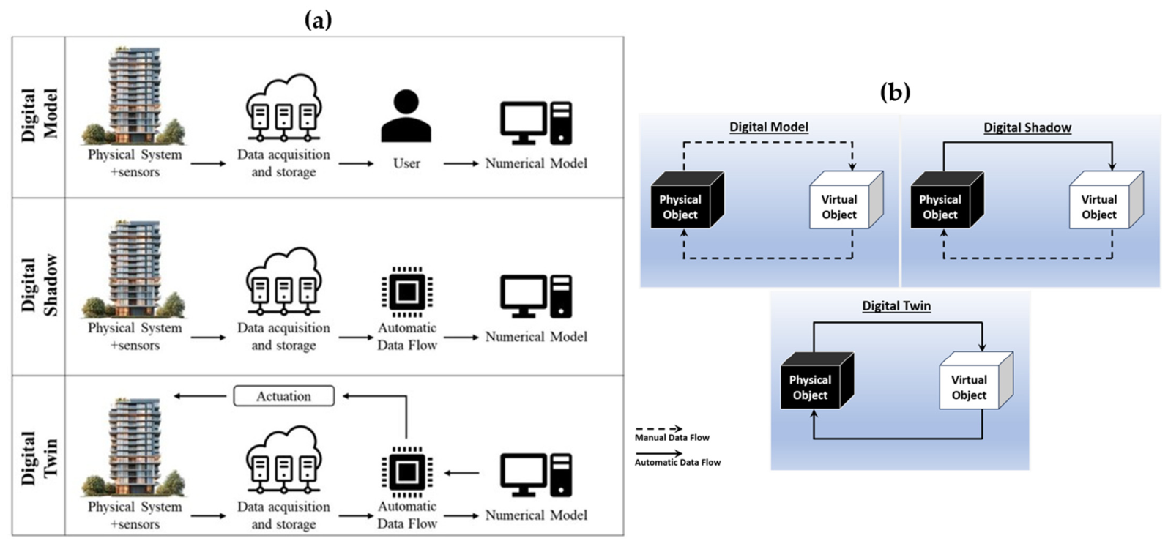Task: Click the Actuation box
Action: (x=283, y=396)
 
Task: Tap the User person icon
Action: (x=406, y=116)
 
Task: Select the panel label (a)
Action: (x=318, y=21)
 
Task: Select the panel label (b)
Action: (x=896, y=92)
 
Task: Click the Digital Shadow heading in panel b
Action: (x=1027, y=128)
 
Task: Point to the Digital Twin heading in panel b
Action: (x=896, y=305)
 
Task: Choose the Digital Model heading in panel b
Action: (x=769, y=127)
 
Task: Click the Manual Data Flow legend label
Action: (x=672, y=438)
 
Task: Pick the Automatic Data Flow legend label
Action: (x=677, y=462)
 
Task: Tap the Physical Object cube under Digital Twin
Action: (x=817, y=381)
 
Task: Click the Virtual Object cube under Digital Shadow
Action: (x=1106, y=200)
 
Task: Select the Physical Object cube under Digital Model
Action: (x=687, y=200)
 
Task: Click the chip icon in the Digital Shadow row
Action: (x=406, y=292)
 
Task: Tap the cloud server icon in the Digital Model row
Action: (x=283, y=108)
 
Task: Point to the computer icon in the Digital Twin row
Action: (x=536, y=474)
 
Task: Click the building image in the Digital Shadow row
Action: (x=134, y=269)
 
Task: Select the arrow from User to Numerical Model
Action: (x=461, y=164)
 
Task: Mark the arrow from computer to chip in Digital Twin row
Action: (x=461, y=473)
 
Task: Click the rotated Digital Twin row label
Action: (x=39, y=458)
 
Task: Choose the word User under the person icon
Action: (x=406, y=163)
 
